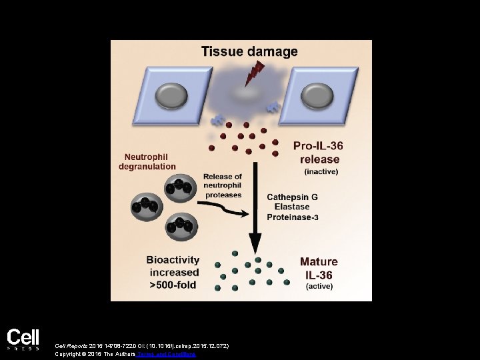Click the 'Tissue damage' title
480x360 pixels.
249,51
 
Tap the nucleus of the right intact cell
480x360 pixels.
318,96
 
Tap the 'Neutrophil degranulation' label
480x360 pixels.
147,161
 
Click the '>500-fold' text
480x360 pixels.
174,284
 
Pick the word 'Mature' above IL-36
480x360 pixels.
318,262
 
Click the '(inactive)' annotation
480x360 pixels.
321,171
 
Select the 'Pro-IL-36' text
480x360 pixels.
317,145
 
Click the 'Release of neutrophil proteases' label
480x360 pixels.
222,185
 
